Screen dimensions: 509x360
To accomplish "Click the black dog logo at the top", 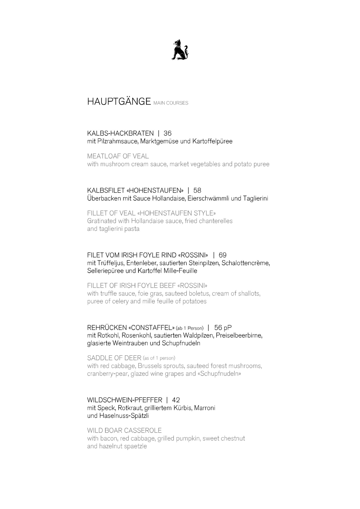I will tap(180, 50).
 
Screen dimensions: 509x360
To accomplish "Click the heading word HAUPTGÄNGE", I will tap(119, 101).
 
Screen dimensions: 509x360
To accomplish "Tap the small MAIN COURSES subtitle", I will tap(171, 103).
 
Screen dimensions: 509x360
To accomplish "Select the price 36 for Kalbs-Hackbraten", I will tap(167, 133).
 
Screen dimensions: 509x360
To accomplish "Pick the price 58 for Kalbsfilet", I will tap(197, 190).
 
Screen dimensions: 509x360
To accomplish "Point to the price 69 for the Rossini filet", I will tap(223, 255).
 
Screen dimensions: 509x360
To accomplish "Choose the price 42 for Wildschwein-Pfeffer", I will tap(176, 400).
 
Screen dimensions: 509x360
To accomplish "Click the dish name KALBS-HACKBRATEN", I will tap(120, 133).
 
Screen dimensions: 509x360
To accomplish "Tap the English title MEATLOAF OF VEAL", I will tap(118, 156).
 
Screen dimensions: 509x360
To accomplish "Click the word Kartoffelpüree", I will tap(212, 141).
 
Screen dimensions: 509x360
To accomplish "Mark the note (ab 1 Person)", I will tap(190, 328).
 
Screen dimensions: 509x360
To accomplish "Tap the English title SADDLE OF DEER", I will tap(114, 358).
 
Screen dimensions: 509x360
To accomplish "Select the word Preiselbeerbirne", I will tap(239, 335).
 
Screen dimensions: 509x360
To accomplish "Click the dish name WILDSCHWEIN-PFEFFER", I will tap(125, 400).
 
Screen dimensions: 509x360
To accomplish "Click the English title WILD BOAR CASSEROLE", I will tap(124, 431).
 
